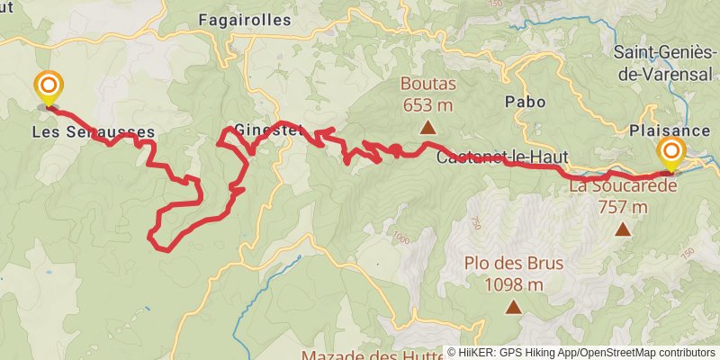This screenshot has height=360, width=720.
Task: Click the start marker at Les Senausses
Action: (49, 88)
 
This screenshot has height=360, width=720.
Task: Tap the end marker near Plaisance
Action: (671, 151)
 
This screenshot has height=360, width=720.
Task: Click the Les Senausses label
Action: (93, 132)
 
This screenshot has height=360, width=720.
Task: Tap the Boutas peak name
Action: (428, 85)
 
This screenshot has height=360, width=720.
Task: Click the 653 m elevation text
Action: (427, 103)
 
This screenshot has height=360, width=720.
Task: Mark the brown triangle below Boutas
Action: (427, 128)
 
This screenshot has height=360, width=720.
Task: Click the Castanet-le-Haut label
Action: (502, 157)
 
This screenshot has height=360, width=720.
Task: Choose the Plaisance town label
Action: (670, 130)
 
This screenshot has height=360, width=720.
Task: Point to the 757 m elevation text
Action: (622, 207)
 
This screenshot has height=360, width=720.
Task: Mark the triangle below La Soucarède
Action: (622, 230)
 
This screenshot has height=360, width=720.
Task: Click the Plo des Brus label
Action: (514, 265)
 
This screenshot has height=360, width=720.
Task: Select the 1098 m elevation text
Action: (514, 284)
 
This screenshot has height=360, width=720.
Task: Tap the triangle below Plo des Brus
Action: (513, 308)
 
